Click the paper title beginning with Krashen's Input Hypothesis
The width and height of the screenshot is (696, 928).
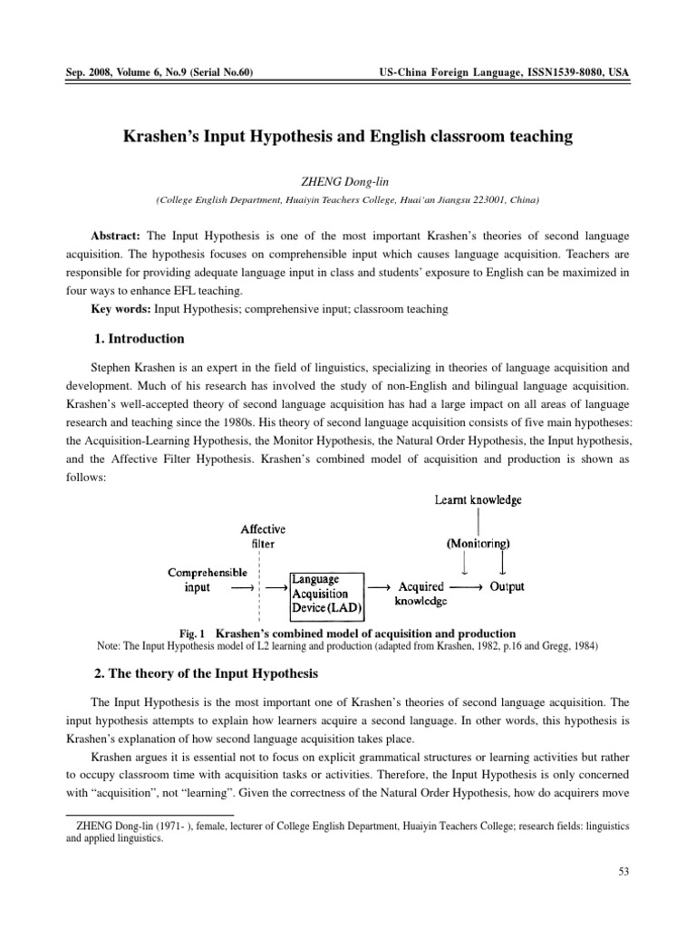point(348,137)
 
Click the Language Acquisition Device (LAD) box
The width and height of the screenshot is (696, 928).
point(325,590)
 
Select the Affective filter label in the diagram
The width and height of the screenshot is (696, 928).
point(263,536)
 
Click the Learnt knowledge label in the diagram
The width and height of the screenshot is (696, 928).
point(478,499)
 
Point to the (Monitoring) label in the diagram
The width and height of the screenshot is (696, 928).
point(478,544)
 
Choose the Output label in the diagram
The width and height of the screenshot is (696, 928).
point(507,586)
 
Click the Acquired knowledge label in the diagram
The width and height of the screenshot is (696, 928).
point(421,594)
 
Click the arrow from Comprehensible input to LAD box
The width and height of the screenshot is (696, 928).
point(243,587)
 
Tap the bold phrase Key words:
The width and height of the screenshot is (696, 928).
point(121,309)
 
